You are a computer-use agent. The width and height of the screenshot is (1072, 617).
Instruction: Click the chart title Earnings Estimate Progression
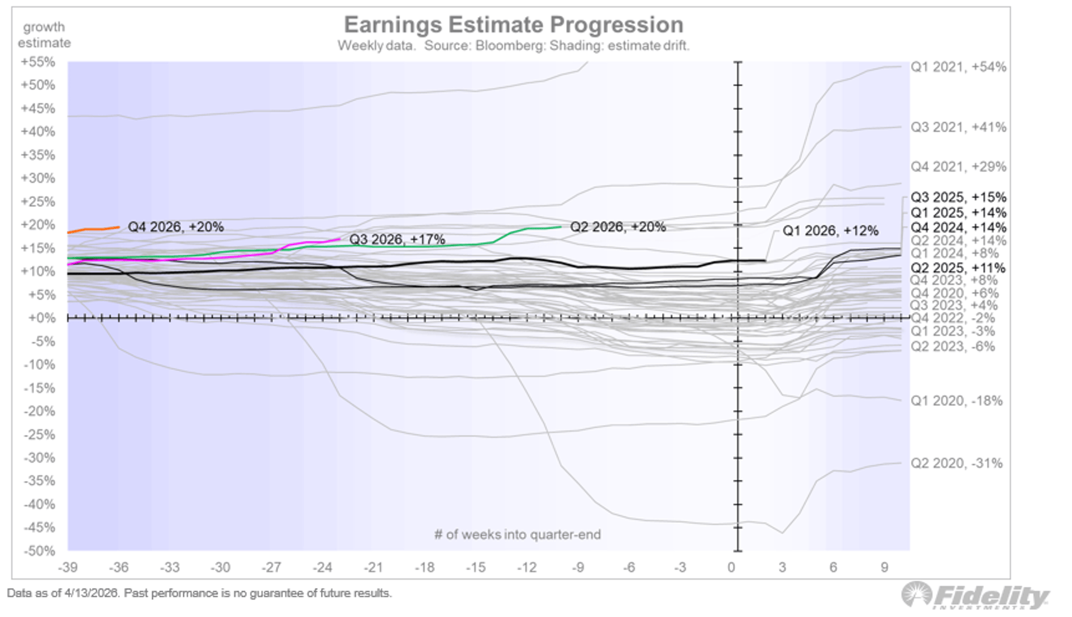click(x=513, y=25)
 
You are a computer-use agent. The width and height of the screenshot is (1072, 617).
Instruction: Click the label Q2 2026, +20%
click(x=618, y=227)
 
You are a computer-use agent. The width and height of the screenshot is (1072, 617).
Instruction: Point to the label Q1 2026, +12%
click(x=830, y=231)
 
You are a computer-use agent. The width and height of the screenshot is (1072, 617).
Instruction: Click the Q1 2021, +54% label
click(x=958, y=67)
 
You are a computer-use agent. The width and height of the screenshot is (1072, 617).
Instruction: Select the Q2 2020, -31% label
click(x=956, y=463)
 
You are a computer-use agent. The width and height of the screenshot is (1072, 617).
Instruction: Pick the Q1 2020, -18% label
click(x=956, y=401)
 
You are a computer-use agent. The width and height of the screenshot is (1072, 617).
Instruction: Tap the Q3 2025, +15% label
click(x=958, y=197)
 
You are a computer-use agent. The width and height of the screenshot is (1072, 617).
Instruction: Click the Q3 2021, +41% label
click(x=958, y=127)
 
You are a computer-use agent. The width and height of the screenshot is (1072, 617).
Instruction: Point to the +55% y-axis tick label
click(x=38, y=62)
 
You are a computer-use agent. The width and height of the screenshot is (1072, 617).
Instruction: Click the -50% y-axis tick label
click(x=39, y=551)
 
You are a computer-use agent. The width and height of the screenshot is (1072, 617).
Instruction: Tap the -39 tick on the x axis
click(x=68, y=567)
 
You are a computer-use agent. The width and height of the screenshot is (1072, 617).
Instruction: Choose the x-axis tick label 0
click(x=731, y=567)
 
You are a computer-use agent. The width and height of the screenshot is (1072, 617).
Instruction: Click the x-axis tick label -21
click(x=374, y=567)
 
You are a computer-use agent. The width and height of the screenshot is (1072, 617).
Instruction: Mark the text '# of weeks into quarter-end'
click(x=518, y=534)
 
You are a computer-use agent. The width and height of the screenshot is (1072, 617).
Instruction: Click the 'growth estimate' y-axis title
click(x=44, y=35)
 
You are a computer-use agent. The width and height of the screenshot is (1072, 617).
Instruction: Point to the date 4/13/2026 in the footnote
click(x=92, y=593)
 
